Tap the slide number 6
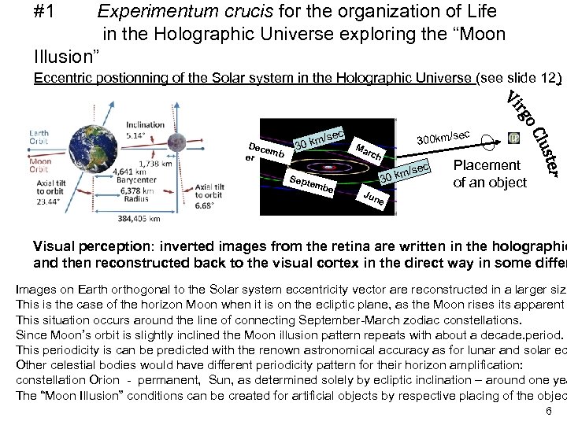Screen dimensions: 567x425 tap(548, 412)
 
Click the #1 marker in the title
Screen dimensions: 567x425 tap(50, 12)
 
